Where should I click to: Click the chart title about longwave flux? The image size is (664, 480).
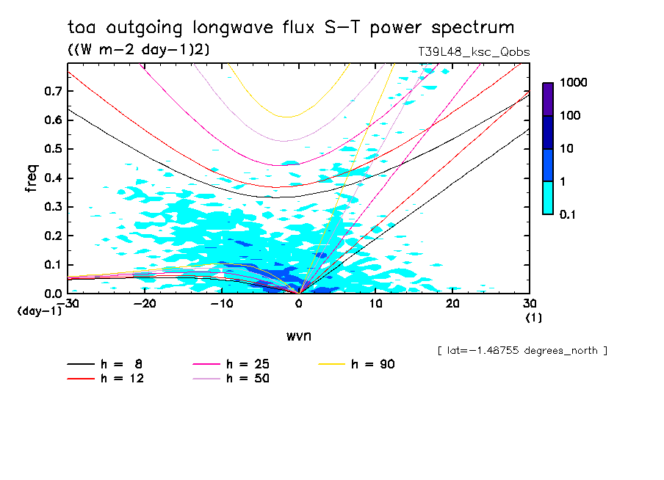[x=291, y=28]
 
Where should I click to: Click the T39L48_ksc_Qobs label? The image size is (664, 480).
[x=472, y=52]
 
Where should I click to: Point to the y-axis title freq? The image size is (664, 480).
[x=32, y=178]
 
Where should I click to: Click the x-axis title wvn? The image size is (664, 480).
[x=298, y=335]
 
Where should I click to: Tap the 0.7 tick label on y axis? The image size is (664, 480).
[x=51, y=91]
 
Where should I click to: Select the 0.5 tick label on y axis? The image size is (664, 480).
[x=51, y=149]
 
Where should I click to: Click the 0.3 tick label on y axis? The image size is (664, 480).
[x=51, y=207]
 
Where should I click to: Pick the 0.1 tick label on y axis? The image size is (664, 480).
[x=51, y=265]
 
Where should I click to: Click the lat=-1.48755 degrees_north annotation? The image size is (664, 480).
[x=522, y=351]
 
